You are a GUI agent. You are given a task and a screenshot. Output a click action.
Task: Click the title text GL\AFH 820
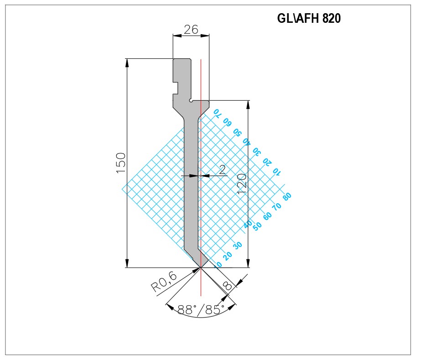[309, 19]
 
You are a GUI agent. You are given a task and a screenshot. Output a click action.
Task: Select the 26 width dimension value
[191, 29]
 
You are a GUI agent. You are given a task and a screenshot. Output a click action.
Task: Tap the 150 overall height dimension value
[121, 163]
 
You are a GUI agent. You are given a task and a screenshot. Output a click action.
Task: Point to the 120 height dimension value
[242, 184]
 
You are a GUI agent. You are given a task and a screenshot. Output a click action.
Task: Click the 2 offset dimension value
[222, 170]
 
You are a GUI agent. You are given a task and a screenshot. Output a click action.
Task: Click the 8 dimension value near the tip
[228, 285]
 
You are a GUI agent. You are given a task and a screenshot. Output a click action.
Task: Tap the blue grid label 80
[287, 196]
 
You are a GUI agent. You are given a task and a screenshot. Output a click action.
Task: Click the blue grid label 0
[219, 264]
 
